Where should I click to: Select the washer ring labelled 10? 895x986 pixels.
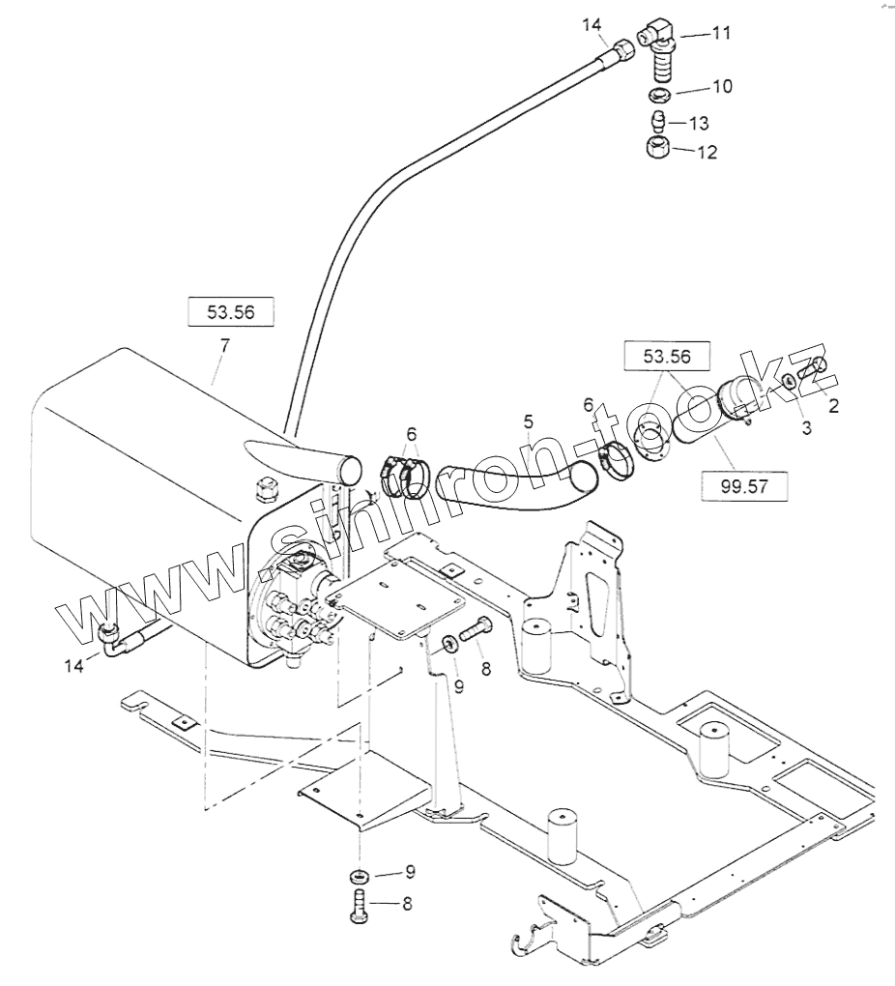[662, 94]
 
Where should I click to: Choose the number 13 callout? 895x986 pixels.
[698, 124]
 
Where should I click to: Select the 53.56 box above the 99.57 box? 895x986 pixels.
[667, 356]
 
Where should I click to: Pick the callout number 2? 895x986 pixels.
[833, 406]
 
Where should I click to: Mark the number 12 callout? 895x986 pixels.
[707, 153]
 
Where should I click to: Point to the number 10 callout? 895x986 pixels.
[721, 87]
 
